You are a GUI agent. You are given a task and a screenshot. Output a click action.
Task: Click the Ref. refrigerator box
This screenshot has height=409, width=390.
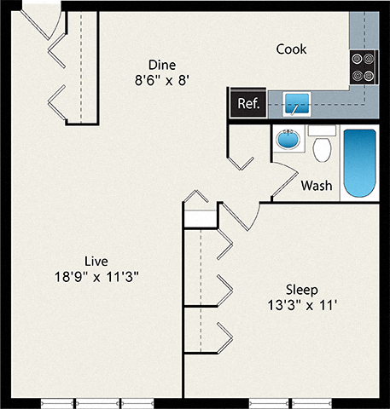point(247,104)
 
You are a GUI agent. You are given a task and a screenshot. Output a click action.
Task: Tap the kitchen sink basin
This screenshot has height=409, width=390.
point(297,105)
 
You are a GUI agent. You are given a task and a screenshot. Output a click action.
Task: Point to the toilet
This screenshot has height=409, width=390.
point(322,148)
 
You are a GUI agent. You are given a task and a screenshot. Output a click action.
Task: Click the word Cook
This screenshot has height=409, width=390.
point(291,49)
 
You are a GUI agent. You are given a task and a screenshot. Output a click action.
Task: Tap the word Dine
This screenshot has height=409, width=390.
point(162,65)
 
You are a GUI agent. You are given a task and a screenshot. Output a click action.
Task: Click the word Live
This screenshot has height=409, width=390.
point(96,260)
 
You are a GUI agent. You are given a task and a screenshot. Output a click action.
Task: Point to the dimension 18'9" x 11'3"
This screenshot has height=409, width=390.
point(96,276)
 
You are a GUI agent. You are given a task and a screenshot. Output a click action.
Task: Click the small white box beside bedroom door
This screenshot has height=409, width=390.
point(201,218)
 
